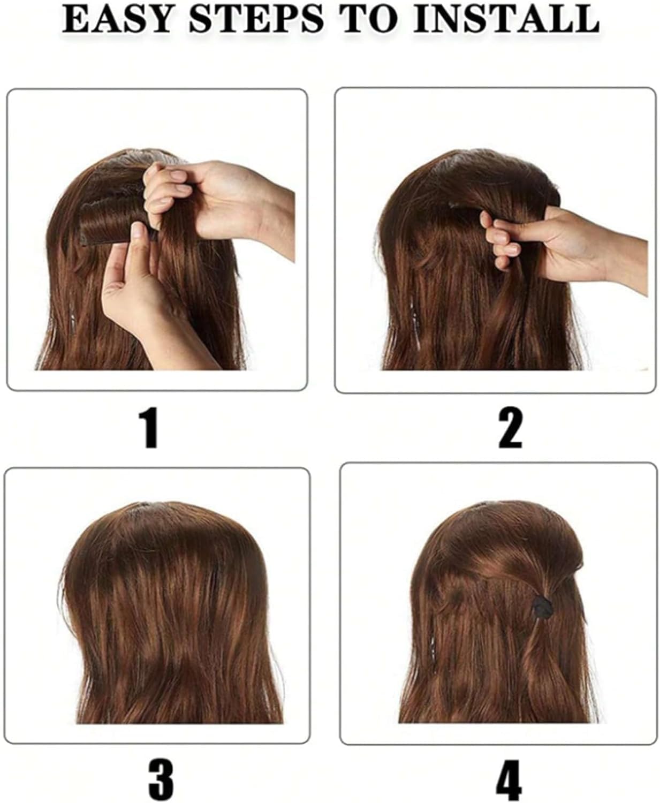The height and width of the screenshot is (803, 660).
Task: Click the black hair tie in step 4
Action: (542, 608)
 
